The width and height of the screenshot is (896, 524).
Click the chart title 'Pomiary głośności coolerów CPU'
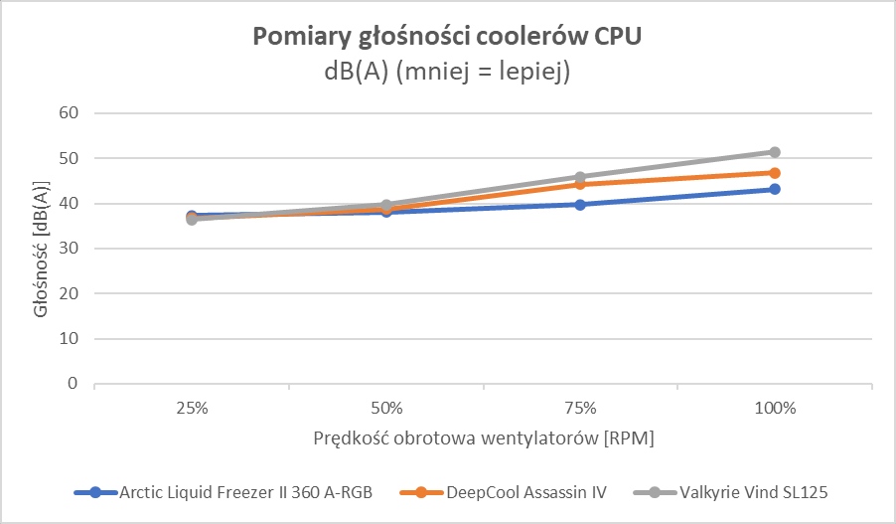coord(447,38)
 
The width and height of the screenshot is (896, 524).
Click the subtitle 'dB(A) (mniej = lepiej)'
coord(447,72)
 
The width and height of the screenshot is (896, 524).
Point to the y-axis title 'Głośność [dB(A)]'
coord(41,249)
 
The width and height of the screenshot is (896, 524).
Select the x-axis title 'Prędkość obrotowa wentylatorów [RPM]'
coord(483,437)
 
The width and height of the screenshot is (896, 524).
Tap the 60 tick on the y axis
coord(68,113)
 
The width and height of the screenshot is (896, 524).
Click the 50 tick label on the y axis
coord(68,158)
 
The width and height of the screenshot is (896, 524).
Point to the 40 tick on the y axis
coord(68,204)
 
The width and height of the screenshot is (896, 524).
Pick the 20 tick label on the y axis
coord(68,293)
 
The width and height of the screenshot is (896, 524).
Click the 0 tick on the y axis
coord(72,384)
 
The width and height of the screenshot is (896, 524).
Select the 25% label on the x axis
coord(192,408)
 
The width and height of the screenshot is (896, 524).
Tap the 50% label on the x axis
coord(385,408)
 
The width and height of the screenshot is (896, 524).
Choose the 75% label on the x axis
coord(580,408)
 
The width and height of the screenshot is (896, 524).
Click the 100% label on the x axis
coord(775,408)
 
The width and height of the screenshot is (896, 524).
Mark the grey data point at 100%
coord(775,152)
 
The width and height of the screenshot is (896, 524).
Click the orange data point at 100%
coord(775,173)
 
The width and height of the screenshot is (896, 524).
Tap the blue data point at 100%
coord(775,189)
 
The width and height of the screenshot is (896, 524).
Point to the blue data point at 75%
coord(580,204)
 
